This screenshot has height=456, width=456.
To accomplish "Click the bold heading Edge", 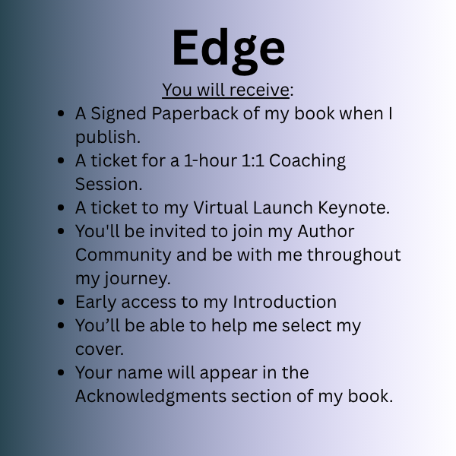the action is coord(229,50).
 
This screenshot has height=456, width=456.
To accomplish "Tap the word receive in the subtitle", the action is coord(260,90).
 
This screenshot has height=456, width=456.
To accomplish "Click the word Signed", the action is coord(119,114).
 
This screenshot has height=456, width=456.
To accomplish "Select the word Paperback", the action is coord(195,114).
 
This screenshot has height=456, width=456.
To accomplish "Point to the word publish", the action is coord(108,138).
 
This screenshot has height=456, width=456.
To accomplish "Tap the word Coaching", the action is coord(307,161).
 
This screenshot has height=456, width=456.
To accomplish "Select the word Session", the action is coord(109,184).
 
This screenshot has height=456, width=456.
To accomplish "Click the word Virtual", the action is coord(220,207).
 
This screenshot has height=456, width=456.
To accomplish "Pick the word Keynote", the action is coord(353,208).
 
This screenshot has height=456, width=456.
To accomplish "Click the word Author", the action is coord(326,231).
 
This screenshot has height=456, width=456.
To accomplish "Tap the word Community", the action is coord(123,255).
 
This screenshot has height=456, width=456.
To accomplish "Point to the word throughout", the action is coord(354,255).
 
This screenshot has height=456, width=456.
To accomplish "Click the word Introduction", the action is coord(285,302).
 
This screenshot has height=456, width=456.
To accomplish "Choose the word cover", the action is coord(100,350).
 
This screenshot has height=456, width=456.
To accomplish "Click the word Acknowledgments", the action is coord(150,397).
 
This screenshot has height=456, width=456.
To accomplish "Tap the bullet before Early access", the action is coord(61,302).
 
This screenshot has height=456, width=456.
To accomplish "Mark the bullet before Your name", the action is coord(61,373).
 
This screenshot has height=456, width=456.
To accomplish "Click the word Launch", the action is coord(283,207).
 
